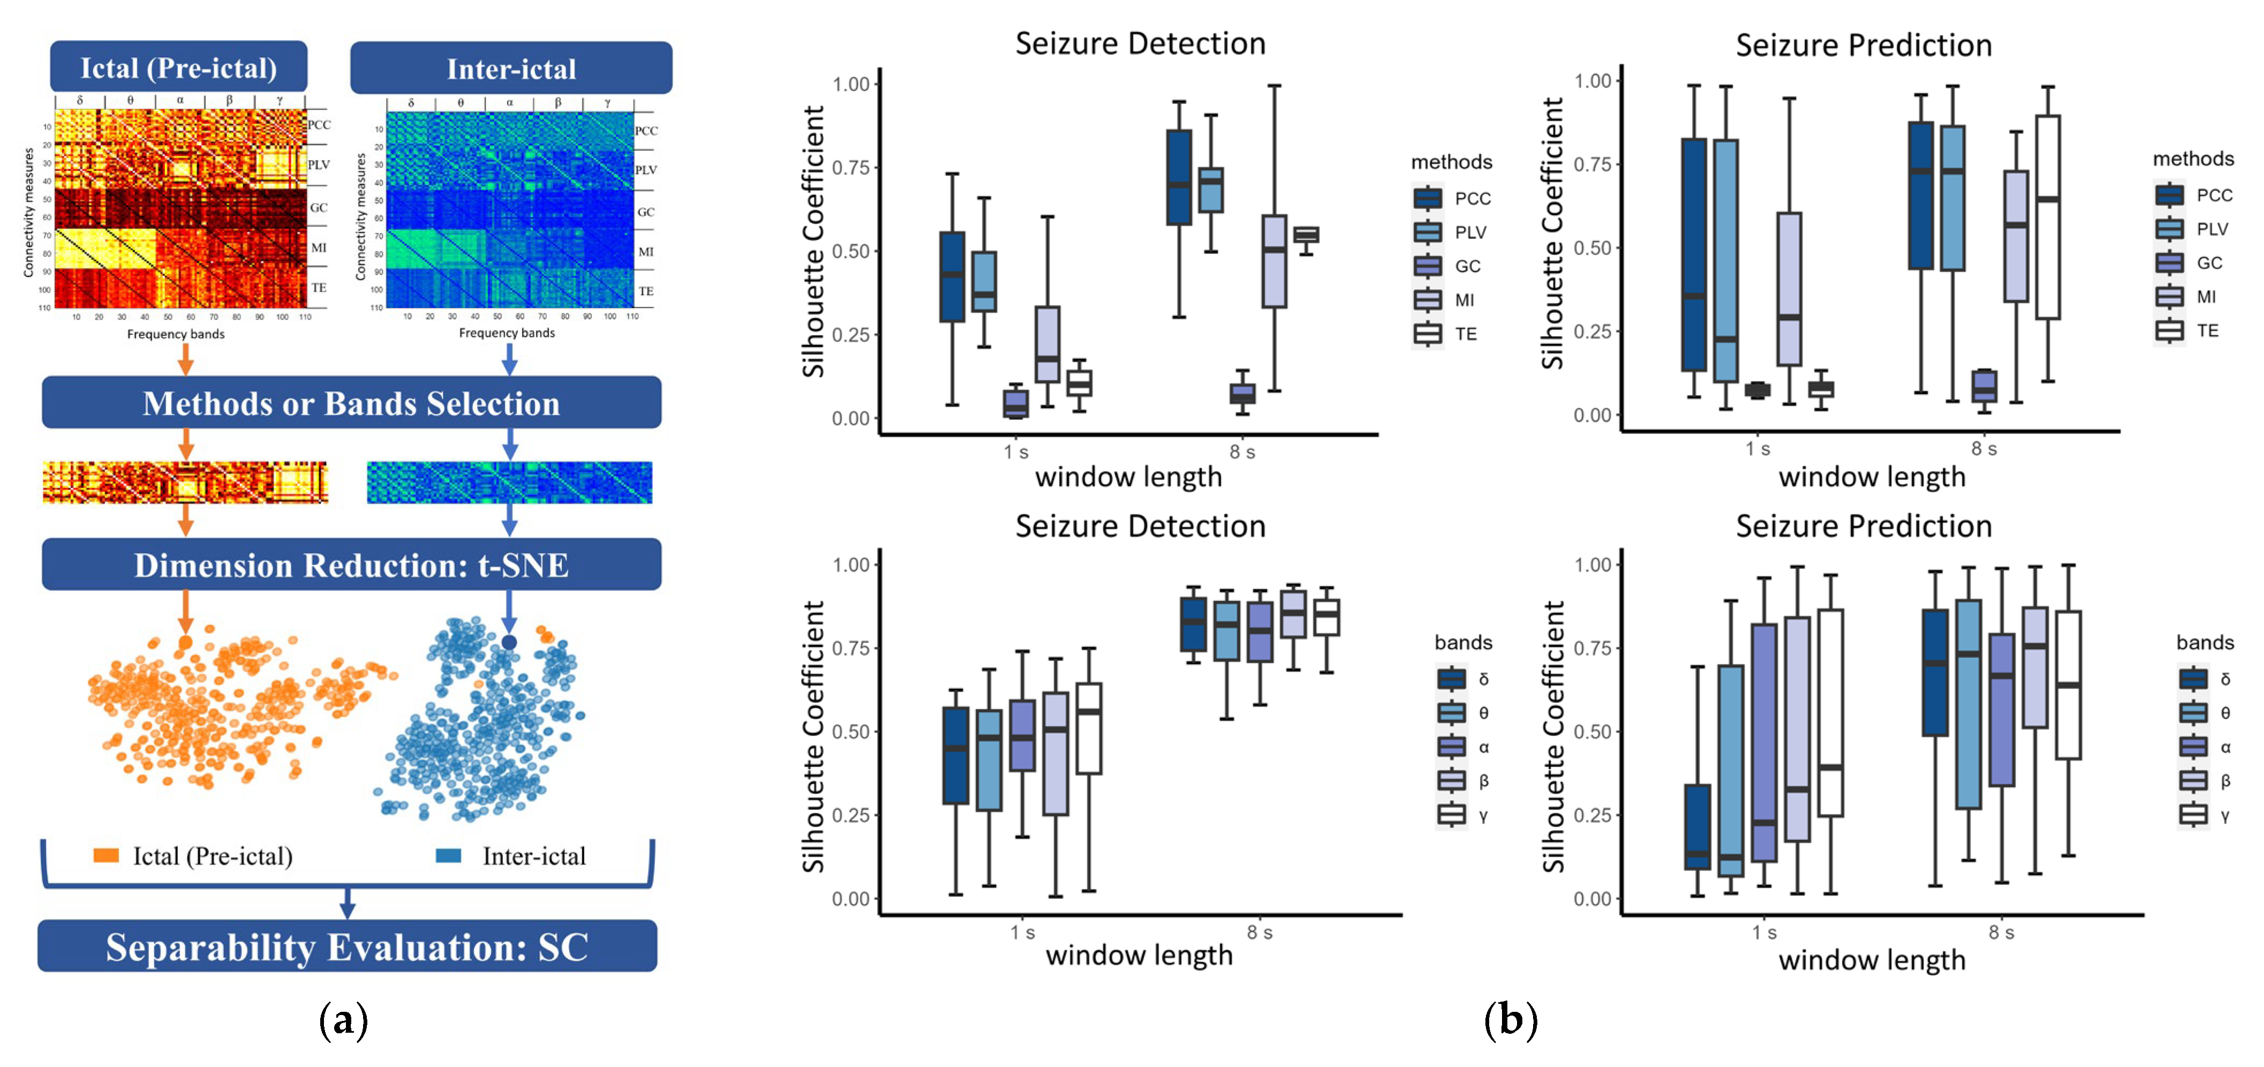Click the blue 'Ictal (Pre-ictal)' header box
178,67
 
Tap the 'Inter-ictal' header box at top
511,69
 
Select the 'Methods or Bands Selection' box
352,403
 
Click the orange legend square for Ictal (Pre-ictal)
107,855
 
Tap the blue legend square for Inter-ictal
449,855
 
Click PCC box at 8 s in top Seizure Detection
1179,177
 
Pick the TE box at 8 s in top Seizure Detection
1306,235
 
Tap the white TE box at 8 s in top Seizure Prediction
2048,217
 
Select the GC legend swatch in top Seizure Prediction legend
2170,263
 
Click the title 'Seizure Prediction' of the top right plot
1863,46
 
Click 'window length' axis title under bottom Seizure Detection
1139,956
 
